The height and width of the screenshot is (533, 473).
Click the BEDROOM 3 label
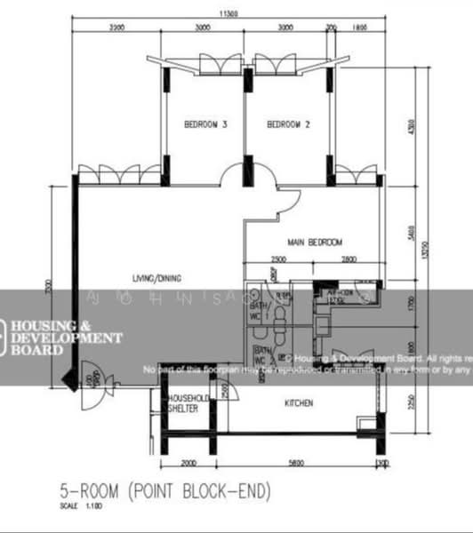205,125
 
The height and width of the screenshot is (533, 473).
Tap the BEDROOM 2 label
289,125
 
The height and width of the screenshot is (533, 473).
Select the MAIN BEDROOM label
314,242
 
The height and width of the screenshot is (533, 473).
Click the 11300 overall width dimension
228,14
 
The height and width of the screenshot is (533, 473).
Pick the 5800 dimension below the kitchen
296,464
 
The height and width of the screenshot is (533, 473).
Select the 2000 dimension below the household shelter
188,464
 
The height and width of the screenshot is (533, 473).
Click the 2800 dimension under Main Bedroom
347,259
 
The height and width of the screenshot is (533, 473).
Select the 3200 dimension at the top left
116,28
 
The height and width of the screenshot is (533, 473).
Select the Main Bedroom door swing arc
287,206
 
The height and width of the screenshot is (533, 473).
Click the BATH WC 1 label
256,311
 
